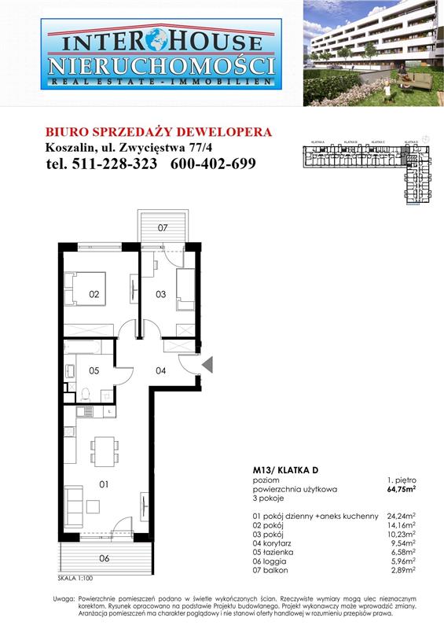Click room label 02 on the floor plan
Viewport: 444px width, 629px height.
(94, 295)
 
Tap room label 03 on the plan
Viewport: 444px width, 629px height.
(160, 295)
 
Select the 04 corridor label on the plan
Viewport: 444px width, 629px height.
(160, 370)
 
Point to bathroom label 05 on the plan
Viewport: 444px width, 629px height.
(93, 370)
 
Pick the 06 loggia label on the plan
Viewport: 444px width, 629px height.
(104, 559)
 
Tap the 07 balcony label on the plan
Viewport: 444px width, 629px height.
(163, 228)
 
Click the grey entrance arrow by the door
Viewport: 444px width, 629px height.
(207, 364)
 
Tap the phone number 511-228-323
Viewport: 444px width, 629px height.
(102, 164)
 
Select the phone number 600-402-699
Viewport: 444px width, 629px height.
(213, 164)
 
